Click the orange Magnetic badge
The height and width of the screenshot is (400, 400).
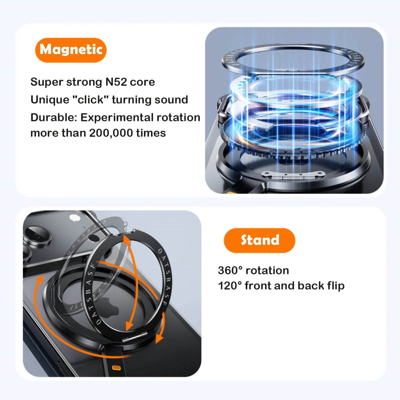click(x=71, y=50)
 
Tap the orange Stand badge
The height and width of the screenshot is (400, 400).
click(x=259, y=240)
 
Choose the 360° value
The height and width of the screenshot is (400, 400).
click(x=230, y=270)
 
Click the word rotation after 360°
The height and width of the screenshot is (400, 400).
click(x=267, y=270)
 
